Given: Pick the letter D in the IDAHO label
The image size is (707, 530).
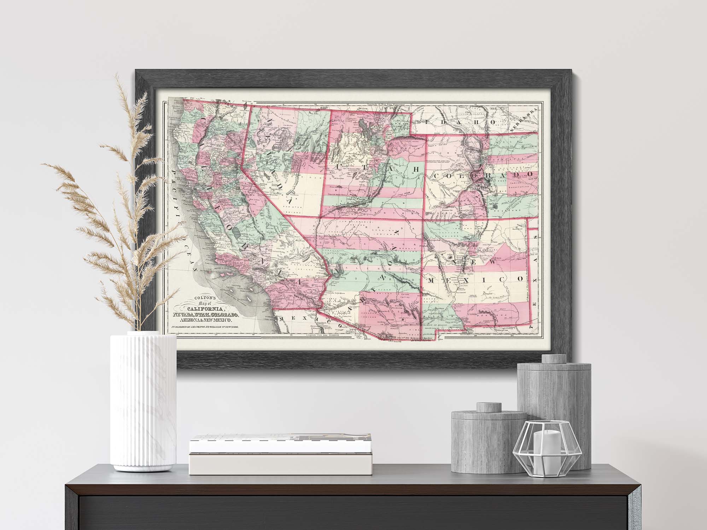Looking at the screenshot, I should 443,122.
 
